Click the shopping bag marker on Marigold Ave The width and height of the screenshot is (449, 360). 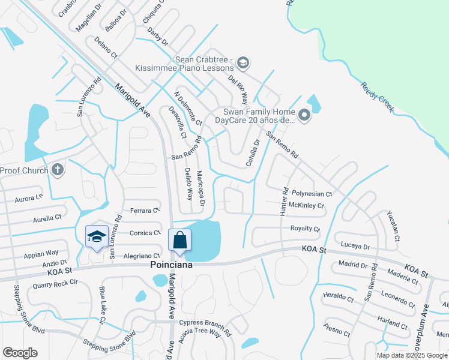pyautogui.click(x=179, y=241)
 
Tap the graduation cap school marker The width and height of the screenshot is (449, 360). pyautogui.click(x=97, y=237)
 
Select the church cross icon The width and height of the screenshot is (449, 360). pyautogui.click(x=57, y=170)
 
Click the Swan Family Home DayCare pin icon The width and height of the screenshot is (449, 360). pyautogui.click(x=304, y=115)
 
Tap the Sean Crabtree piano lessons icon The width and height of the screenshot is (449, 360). pyautogui.click(x=243, y=62)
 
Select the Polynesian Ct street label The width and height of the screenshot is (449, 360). pyautogui.click(x=312, y=194)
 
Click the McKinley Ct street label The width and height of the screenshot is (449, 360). pyautogui.click(x=306, y=206)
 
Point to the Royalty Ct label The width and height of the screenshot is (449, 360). pyautogui.click(x=306, y=229)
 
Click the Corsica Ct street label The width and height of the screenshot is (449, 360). pyautogui.click(x=146, y=232)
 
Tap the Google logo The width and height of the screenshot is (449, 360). pyautogui.click(x=20, y=353)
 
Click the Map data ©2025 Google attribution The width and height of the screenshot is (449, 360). pyautogui.click(x=412, y=355)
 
